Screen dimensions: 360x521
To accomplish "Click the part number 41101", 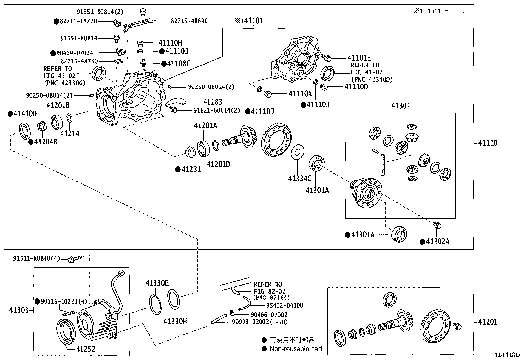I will coord(254,21).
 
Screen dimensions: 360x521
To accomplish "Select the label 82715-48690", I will coord(189,21).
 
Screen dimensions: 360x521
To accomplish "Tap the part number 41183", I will coord(212,102).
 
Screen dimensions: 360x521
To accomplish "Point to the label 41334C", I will coord(299,178).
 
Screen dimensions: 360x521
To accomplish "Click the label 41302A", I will coord(438,242).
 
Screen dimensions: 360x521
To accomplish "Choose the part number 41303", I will coord(19,310).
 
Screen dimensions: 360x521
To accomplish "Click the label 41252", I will coord(85,349).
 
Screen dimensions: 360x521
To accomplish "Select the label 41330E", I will coord(157,283).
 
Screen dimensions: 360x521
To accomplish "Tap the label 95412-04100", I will coord(284,305).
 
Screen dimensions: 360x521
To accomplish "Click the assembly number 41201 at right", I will coord(488,322).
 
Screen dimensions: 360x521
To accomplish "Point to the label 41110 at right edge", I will coord(488,143).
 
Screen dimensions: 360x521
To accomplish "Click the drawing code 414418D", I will coord(507,355).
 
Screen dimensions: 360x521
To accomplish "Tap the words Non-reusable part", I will coord(296,349).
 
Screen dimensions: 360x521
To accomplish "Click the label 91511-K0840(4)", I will coord(36,259).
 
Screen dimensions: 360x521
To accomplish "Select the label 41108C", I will coord(178,64).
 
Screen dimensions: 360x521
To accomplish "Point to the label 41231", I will coord(191,169).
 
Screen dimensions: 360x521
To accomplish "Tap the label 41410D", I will coord(25,114).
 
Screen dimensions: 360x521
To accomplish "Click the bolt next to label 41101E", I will coord(326,58).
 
